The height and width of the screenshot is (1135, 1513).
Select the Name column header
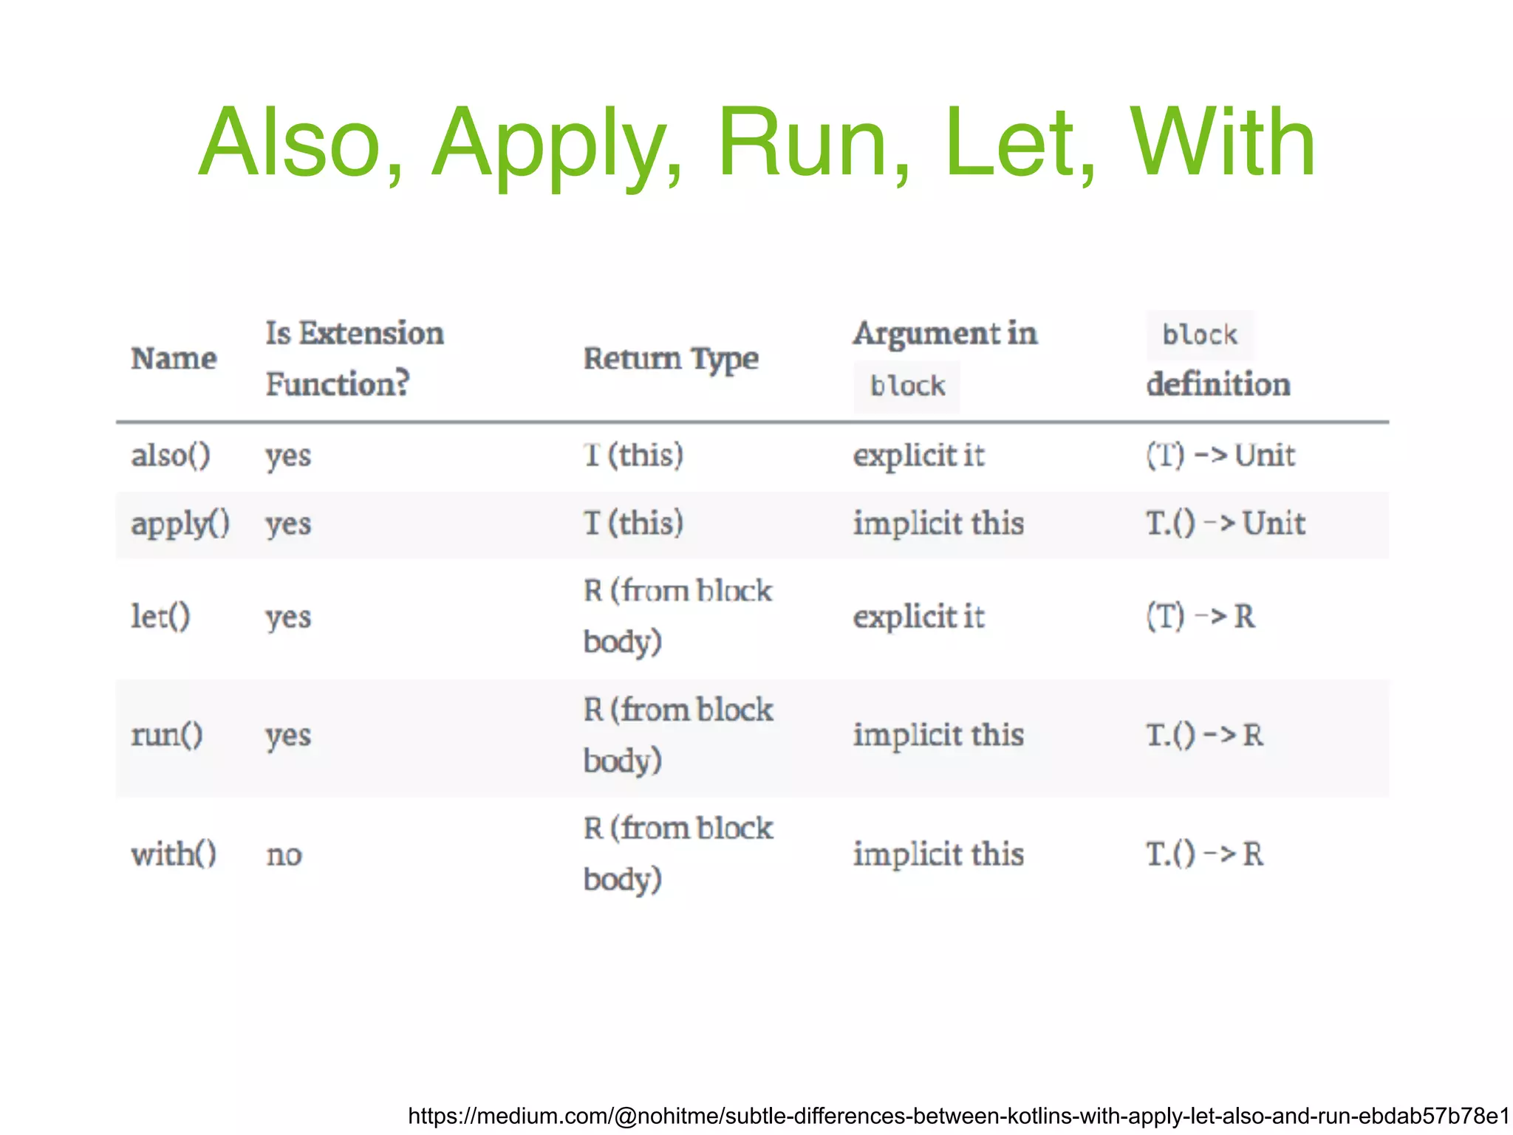coord(174,359)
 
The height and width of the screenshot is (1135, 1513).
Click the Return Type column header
coord(671,359)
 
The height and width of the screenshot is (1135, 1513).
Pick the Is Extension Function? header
coord(354,359)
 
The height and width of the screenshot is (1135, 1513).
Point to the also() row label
coord(171,455)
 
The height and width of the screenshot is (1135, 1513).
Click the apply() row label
coord(180,524)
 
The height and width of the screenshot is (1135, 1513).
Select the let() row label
coord(160,616)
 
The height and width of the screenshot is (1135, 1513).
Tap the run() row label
coord(167,735)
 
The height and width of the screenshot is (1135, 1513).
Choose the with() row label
coord(174,854)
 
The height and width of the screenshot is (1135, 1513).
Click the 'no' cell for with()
coord(284,855)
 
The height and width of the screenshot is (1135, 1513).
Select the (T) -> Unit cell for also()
coord(1220,455)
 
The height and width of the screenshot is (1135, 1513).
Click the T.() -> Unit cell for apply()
coord(1226,524)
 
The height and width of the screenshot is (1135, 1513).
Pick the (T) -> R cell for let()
coord(1201,616)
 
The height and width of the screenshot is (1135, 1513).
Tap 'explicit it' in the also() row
coord(918,455)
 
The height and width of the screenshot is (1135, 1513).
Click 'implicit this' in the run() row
coord(938,735)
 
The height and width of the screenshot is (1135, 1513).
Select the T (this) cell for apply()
coord(633,524)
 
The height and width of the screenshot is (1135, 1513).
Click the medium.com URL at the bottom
coord(958,1115)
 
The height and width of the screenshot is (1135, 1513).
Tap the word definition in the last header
coord(1218,385)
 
